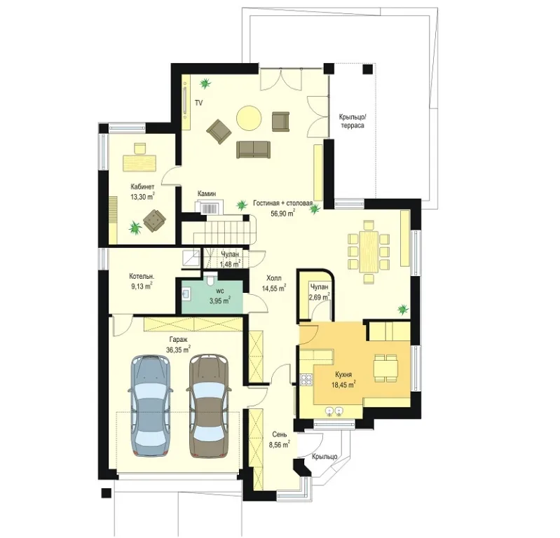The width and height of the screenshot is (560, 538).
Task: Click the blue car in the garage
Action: tap(150, 406)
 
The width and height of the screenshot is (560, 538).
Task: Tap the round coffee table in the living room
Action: tap(249, 118)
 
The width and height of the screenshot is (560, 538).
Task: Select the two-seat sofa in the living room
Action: tap(253, 149)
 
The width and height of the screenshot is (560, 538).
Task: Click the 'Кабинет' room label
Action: tap(142, 187)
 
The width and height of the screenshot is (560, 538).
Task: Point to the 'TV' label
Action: tap(198, 103)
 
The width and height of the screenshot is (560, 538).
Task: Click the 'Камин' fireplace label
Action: tap(207, 193)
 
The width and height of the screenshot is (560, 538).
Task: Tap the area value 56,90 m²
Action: tap(282, 213)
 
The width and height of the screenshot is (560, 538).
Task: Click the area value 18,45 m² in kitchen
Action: tap(343, 385)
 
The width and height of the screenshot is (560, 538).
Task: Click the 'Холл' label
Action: tap(274, 278)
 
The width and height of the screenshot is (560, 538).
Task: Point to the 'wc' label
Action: tap(220, 291)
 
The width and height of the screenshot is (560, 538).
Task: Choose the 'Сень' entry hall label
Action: tap(279, 434)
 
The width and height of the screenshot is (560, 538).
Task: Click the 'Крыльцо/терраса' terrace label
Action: tap(352, 121)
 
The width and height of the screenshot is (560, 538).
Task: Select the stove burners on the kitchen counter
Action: tap(306, 379)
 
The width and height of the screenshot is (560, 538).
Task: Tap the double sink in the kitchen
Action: tap(334, 411)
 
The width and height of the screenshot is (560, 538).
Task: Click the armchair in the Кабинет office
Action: tap(155, 220)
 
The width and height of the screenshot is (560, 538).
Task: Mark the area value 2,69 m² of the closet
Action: tap(320, 297)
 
